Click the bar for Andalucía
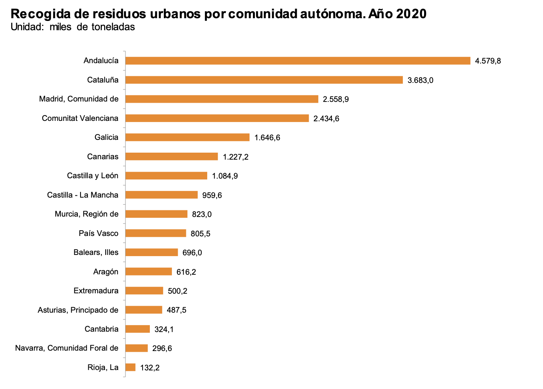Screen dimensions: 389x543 click(x=297, y=61)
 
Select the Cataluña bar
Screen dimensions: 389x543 click(x=264, y=80)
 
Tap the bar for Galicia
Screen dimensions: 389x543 click(x=187, y=137)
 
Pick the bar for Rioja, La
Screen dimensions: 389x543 click(x=131, y=367)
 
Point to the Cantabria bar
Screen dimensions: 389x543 click(x=137, y=329)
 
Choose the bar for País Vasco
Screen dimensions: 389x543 click(x=156, y=233)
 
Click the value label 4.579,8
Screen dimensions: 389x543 click(x=488, y=61)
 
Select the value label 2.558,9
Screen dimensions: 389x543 click(x=336, y=99)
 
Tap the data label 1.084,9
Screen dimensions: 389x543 click(x=225, y=176)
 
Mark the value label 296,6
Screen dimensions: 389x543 click(x=162, y=348)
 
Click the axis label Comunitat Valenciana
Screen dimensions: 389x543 click(x=80, y=118)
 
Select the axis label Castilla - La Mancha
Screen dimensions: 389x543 click(x=83, y=195)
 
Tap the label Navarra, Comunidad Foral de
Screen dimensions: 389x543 click(x=67, y=348)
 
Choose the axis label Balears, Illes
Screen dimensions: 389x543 click(x=96, y=252)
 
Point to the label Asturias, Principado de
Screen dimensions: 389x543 click(x=78, y=310)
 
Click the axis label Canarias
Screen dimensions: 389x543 click(x=103, y=157)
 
